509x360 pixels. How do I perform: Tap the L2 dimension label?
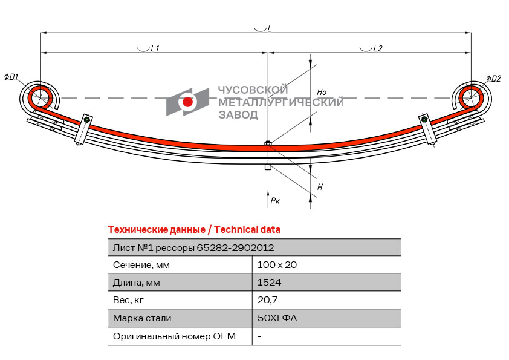(x=377, y=48)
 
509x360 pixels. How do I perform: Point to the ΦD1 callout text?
(x=11, y=77)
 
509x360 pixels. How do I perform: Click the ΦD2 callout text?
(x=493, y=78)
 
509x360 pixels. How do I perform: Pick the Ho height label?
(x=322, y=92)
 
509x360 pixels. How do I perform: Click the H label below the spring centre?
(x=320, y=187)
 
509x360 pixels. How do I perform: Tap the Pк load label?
(x=275, y=200)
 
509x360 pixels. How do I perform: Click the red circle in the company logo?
(x=187, y=102)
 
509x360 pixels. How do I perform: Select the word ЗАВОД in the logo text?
(x=238, y=115)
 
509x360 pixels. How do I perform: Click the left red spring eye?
(x=40, y=97)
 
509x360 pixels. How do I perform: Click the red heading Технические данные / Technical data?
(x=194, y=230)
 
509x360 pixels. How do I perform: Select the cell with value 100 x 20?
(x=277, y=265)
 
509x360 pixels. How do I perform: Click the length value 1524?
(x=269, y=283)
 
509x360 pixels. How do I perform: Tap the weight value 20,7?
(x=267, y=300)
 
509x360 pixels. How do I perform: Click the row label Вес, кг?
(x=129, y=300)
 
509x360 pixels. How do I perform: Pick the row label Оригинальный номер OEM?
(x=174, y=336)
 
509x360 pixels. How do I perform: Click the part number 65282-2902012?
(x=235, y=247)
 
